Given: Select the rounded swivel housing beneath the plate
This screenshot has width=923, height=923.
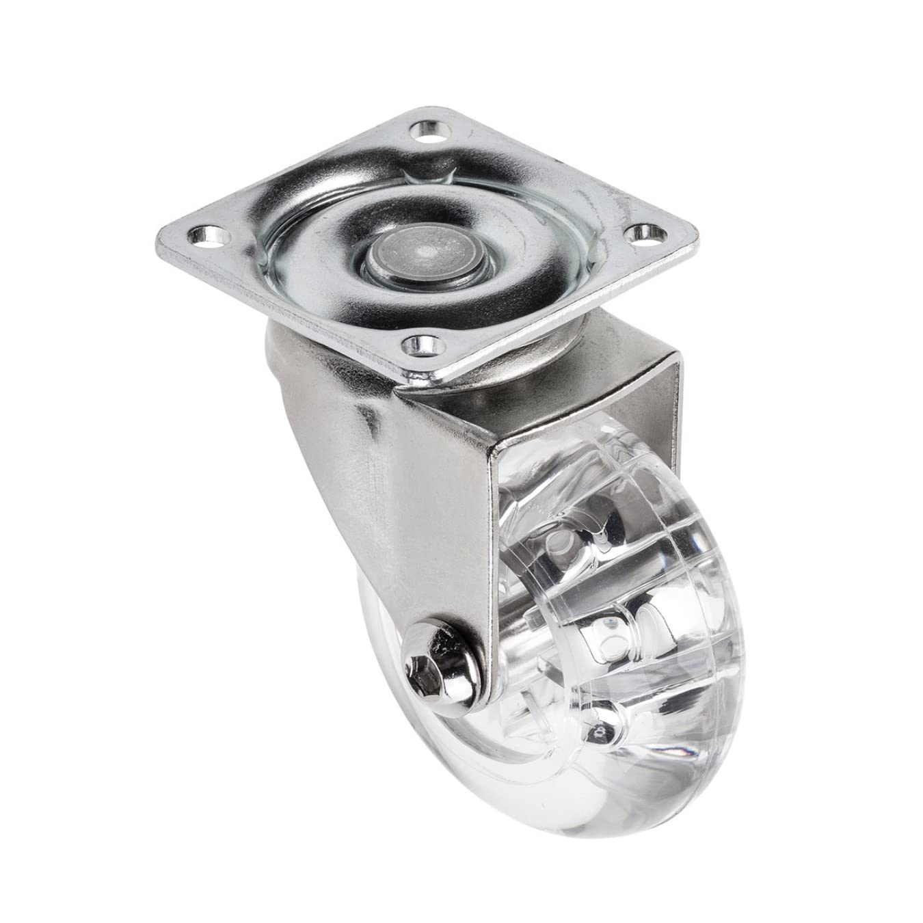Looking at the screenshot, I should (308, 356).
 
